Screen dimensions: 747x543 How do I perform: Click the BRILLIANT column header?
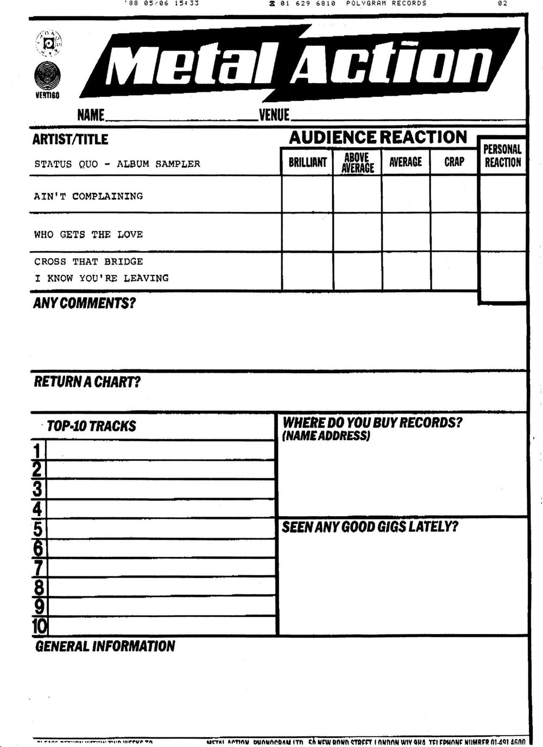tap(307, 162)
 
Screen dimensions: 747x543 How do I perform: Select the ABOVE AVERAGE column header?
tap(357, 162)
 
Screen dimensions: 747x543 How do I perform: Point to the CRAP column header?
tap(454, 162)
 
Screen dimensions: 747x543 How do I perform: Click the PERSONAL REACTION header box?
tap(502, 155)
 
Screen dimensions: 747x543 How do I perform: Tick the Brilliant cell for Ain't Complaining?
tap(307, 194)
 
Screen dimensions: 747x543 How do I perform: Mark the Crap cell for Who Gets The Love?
tap(454, 233)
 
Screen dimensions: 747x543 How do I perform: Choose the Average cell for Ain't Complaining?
tap(406, 194)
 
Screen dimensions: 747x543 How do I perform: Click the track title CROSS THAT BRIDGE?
tap(89, 261)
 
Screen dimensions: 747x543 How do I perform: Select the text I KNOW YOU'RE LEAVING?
tap(102, 278)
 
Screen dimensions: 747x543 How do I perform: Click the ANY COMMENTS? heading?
tap(84, 303)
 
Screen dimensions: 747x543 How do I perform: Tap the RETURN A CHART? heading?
tap(87, 381)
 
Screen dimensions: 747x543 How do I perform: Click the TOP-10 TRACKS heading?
tap(91, 426)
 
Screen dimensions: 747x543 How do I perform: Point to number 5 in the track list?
tap(37, 529)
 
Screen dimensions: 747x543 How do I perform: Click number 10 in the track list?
tap(40, 626)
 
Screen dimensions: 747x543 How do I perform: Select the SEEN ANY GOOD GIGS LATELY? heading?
tap(370, 526)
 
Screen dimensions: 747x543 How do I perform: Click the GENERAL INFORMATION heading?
tap(105, 646)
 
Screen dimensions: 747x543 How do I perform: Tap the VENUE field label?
tap(274, 115)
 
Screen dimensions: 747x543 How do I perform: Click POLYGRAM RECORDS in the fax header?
tap(386, 3)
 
